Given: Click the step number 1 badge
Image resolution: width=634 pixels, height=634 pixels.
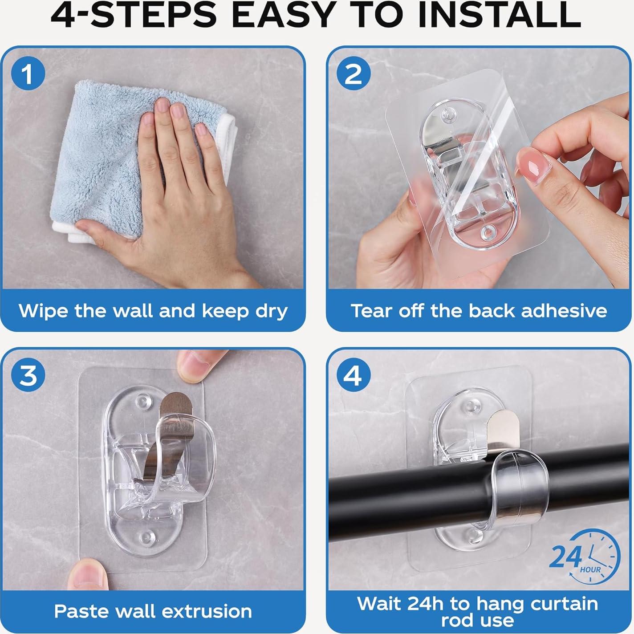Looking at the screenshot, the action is click(28, 74).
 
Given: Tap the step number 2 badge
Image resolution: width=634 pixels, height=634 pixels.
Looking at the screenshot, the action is click(354, 74).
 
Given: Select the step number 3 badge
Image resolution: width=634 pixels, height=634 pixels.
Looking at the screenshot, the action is click(28, 375).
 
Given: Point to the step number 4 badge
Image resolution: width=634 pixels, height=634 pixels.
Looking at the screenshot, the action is click(354, 375).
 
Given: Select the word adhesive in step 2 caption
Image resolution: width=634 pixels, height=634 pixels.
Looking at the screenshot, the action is click(564, 311).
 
